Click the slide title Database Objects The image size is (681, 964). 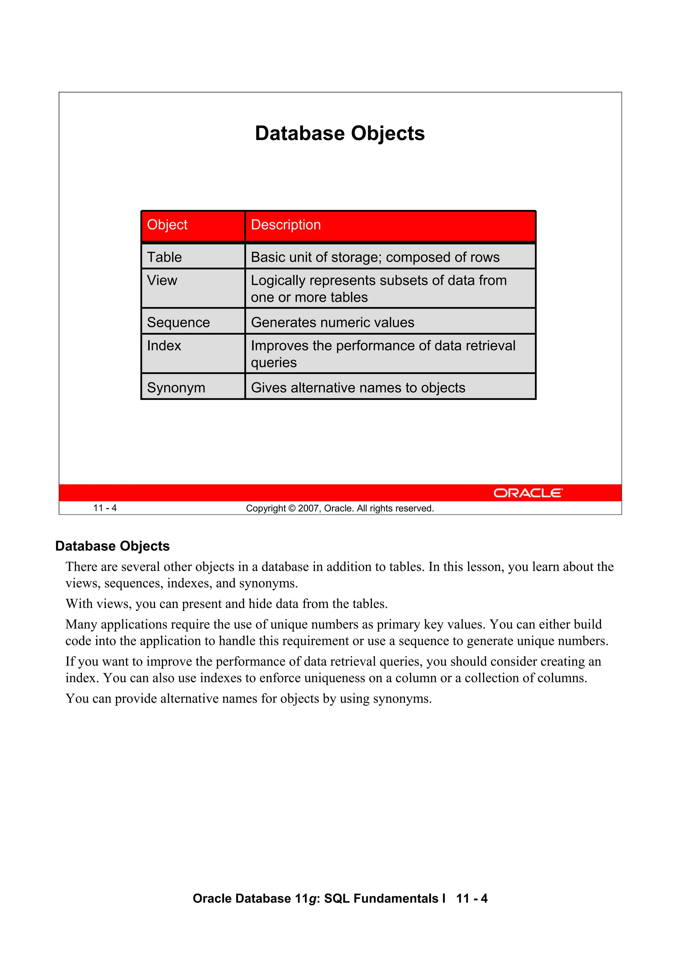[340, 133]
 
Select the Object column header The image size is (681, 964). [167, 225]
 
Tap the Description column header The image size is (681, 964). [286, 225]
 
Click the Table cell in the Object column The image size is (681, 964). [165, 257]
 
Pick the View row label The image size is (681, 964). [162, 280]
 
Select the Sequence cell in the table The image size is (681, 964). [178, 322]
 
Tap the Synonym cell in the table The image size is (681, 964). [176, 388]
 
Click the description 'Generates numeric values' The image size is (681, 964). [332, 322]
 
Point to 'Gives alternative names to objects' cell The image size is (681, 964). [358, 388]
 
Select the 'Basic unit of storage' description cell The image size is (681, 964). [375, 257]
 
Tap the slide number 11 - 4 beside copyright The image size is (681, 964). [105, 508]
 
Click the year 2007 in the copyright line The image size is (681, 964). [308, 508]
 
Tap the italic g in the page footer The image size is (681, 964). [312, 899]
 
